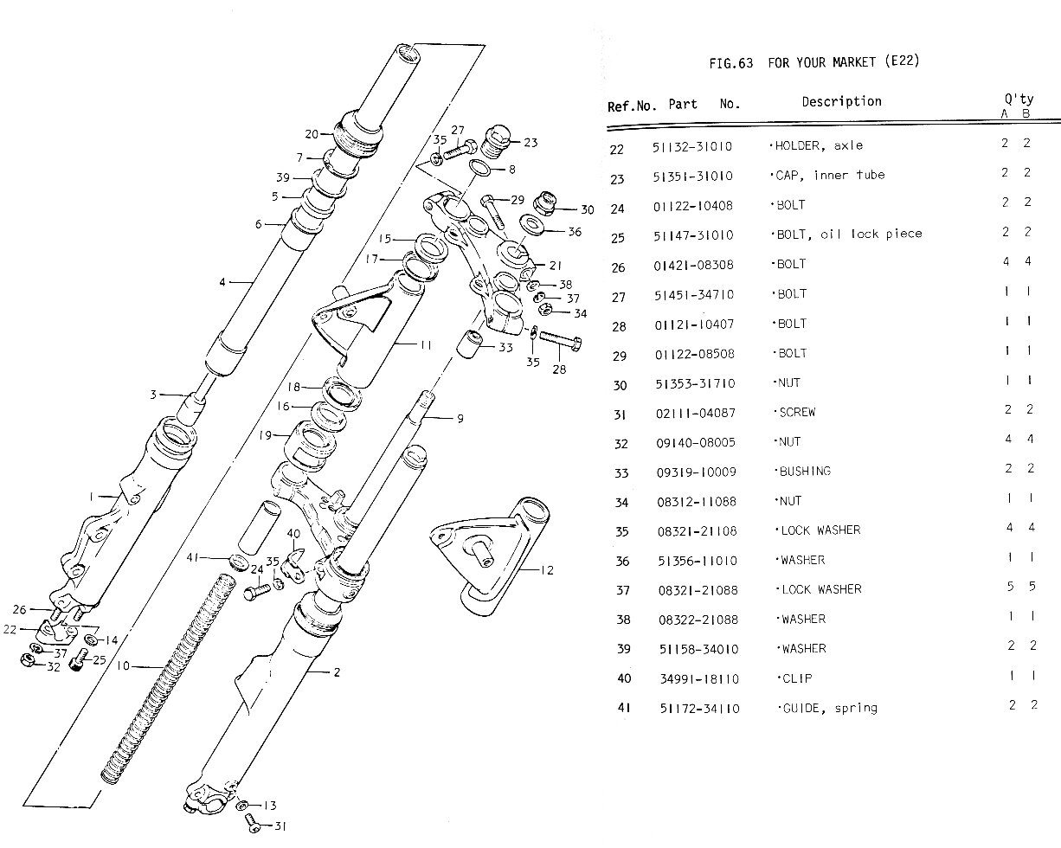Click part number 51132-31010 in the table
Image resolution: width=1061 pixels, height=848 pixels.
coord(692,146)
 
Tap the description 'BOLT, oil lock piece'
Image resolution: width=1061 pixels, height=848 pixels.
coord(846,234)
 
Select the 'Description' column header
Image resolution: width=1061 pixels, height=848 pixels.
coord(841,101)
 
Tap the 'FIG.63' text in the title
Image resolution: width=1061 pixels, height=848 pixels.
coord(730,62)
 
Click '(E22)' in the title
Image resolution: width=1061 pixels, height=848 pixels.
coord(901,61)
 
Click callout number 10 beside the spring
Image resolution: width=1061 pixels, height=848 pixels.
coord(121,666)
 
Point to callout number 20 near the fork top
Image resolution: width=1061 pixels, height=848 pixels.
coord(312,134)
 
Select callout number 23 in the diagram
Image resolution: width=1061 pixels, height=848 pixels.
coord(530,143)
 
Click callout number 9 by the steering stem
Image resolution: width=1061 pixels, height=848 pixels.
coord(460,419)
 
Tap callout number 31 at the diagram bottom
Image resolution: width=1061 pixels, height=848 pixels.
coord(280,826)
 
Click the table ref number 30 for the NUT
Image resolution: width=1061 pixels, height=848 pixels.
coord(619,383)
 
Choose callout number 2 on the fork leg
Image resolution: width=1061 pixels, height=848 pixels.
coord(337,672)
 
